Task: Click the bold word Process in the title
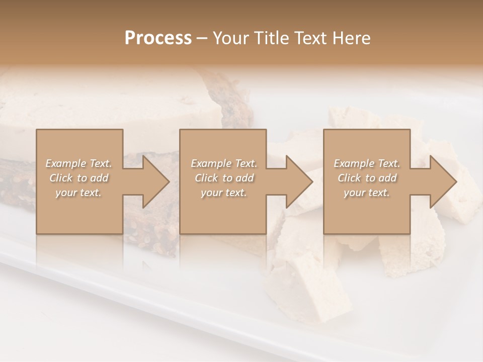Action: [158, 38]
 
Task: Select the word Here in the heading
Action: [351, 38]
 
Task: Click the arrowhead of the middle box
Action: [299, 182]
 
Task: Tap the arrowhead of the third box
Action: [443, 182]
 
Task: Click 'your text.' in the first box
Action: [78, 193]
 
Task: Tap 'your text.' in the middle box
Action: [223, 193]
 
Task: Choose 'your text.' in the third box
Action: [367, 193]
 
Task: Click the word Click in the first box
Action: [60, 178]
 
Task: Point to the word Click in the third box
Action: [349, 178]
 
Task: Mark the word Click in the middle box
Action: [206, 178]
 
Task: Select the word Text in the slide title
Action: [309, 38]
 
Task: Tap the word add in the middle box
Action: [244, 178]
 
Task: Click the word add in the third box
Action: [387, 178]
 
